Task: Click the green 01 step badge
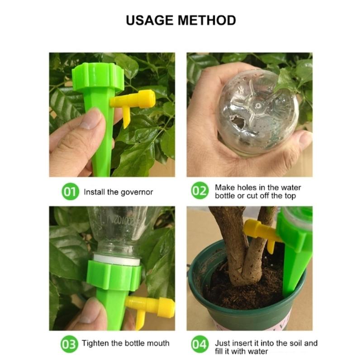(69, 192)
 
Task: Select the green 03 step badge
(69, 343)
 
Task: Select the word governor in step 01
(137, 192)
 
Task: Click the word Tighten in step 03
(97, 343)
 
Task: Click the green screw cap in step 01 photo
(98, 78)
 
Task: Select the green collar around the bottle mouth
(113, 274)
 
